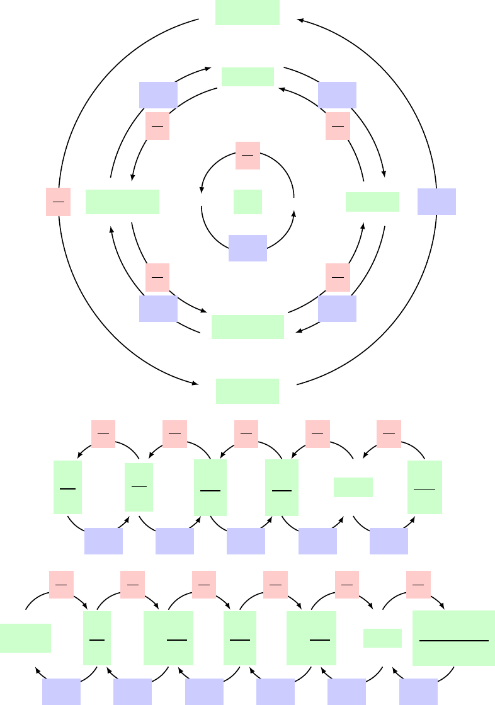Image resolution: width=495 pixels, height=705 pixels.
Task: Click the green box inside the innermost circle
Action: tap(247, 202)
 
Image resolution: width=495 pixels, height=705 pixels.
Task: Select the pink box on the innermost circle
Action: tap(247, 156)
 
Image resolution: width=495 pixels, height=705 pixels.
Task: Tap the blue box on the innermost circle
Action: tap(247, 248)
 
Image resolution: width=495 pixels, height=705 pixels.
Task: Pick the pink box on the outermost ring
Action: tap(58, 202)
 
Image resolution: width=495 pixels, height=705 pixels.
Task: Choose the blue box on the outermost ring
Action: tap(436, 202)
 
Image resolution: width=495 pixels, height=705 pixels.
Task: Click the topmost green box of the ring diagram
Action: tap(247, 13)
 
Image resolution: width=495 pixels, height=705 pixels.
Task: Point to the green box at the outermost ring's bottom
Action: tap(247, 391)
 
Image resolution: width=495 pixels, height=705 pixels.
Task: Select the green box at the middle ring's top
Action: tap(247, 77)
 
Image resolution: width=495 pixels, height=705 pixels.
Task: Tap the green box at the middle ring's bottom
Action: tap(247, 327)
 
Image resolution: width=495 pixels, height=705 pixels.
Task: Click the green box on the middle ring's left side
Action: tap(122, 202)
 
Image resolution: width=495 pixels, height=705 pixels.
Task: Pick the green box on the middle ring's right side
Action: tap(372, 202)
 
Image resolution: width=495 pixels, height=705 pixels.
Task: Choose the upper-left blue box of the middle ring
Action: tap(158, 95)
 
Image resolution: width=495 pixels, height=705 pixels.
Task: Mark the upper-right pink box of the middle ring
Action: tap(338, 127)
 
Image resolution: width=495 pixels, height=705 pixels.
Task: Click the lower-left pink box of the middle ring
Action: tap(157, 277)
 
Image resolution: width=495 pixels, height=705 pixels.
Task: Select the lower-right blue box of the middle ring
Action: tap(337, 309)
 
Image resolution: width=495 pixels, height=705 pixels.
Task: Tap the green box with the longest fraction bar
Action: tap(453, 638)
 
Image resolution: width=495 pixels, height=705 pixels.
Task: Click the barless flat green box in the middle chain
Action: tap(353, 488)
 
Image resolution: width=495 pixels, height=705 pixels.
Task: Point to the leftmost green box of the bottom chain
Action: tap(25, 638)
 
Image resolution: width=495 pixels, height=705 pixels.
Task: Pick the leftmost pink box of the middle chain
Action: tap(103, 434)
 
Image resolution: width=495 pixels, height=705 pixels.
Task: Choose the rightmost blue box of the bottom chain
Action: tap(418, 692)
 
